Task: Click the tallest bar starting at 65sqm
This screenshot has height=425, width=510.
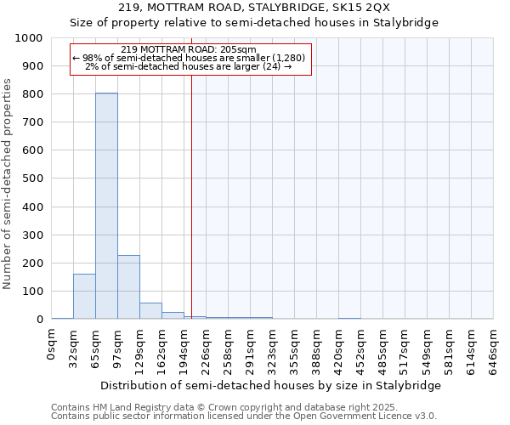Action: point(106,206)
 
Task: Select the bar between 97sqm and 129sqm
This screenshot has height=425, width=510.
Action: point(128,286)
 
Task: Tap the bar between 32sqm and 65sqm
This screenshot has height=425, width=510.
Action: point(84,296)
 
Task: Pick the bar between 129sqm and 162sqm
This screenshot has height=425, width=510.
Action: point(150,310)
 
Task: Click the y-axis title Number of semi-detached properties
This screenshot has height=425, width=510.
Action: point(9,184)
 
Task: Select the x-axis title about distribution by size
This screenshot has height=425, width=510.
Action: point(270,385)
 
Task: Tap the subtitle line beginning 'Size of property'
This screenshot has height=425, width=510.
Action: point(254,23)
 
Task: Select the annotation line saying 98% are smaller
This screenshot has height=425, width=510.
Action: point(191,58)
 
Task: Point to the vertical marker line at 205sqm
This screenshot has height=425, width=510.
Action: point(192,212)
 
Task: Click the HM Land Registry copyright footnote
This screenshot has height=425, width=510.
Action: point(225,407)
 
